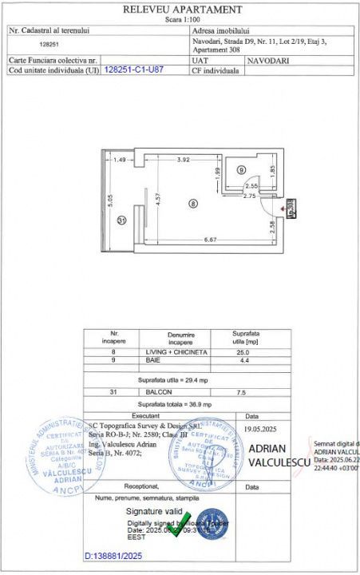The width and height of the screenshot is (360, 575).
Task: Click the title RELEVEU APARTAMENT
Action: tap(183, 9)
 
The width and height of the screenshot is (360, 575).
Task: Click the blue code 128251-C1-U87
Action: tap(134, 69)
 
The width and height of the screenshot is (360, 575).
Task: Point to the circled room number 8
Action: tap(192, 204)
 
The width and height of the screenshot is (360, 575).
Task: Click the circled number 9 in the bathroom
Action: tap(241, 169)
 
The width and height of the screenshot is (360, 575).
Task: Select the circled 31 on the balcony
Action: tap(121, 220)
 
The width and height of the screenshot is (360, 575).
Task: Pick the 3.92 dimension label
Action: tap(184, 160)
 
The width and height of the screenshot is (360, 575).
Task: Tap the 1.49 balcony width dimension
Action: tap(120, 160)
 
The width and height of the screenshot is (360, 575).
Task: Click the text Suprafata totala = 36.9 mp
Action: tap(188, 406)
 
